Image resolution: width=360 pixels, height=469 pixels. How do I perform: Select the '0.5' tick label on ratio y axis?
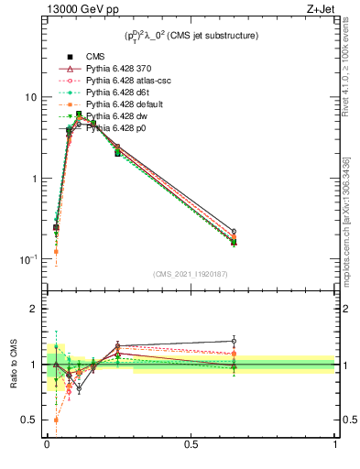28,420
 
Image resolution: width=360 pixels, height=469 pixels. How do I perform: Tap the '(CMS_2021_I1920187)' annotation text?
191,274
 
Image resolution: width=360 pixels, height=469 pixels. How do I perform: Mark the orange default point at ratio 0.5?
56,420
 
